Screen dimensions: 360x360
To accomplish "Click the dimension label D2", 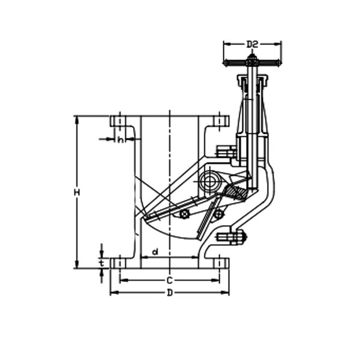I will [252, 44].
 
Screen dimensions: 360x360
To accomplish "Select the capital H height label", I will [77, 192].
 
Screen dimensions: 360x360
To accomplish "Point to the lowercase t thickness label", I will [101, 262].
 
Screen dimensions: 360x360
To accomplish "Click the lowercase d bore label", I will [155, 252].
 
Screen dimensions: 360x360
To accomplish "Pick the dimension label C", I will [170, 280].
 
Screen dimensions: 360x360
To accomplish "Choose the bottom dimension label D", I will [170, 293].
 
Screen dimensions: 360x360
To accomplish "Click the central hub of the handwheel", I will [252, 61].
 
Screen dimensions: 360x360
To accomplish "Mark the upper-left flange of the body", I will [120, 121].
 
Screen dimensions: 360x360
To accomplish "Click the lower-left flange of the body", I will [120, 263].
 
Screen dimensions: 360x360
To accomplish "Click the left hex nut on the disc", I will [185, 214].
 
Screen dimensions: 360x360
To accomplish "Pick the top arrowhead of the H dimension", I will [77, 119].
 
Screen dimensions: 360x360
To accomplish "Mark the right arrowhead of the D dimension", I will [226, 293].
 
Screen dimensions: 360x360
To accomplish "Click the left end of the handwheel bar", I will [225, 62].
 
